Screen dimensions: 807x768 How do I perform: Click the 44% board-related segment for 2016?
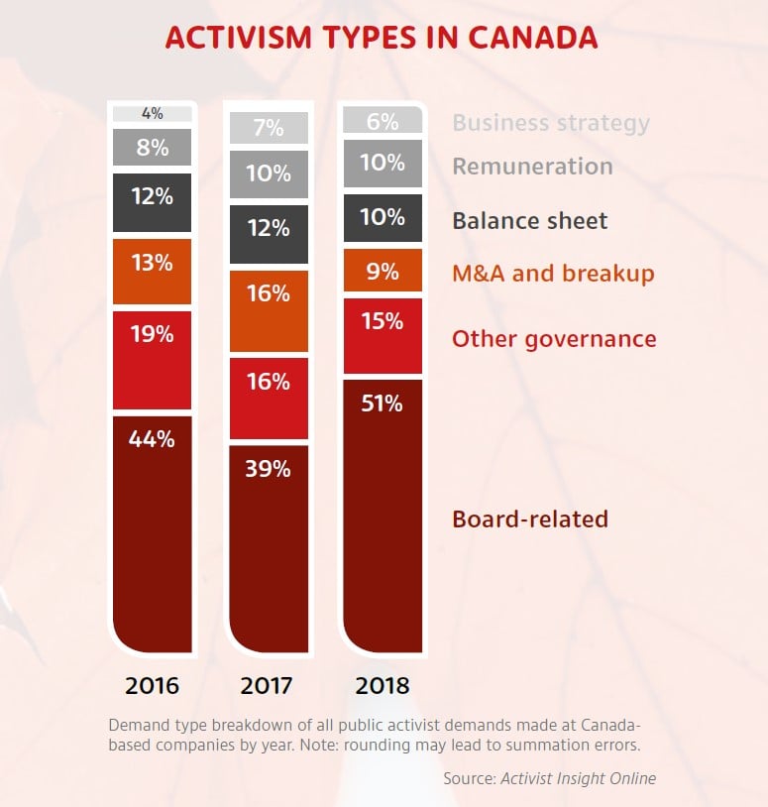click(x=152, y=530)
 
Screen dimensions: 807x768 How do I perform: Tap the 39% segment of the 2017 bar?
click(x=268, y=545)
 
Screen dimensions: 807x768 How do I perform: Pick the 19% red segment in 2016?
click(x=152, y=359)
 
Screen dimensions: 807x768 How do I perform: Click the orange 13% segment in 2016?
click(x=152, y=271)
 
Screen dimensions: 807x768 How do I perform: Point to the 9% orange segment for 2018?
click(x=382, y=271)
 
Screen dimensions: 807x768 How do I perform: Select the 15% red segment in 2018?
click(x=382, y=335)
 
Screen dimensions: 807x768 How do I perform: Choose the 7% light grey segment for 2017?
click(x=268, y=128)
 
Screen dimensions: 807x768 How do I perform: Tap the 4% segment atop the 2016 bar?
click(x=152, y=114)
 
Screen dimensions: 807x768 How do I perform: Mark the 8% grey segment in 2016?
click(x=152, y=149)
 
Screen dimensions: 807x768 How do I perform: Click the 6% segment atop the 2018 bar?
click(x=382, y=121)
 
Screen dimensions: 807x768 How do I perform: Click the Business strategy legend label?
click(x=551, y=123)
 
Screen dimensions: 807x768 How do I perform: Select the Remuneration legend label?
click(x=532, y=167)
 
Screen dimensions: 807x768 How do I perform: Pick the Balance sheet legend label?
click(x=529, y=220)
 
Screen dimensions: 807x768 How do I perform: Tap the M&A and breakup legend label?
click(x=553, y=274)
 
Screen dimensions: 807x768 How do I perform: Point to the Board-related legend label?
click(x=529, y=519)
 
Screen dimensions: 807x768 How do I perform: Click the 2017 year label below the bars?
click(x=268, y=685)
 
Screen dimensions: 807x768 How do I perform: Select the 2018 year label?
click(x=382, y=685)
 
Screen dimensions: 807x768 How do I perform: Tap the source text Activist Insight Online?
click(x=578, y=778)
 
